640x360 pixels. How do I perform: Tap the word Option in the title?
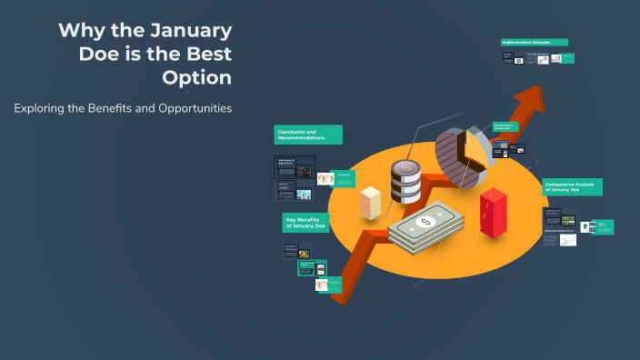click(196, 77)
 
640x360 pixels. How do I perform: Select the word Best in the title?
click(205, 54)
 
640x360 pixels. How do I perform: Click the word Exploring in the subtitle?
click(43, 108)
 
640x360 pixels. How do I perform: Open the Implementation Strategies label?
click(534, 42)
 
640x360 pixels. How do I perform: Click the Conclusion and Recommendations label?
click(308, 135)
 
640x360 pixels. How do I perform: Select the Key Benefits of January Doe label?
click(305, 223)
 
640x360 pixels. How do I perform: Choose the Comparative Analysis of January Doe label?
click(572, 186)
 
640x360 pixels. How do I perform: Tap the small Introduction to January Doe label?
click(505, 126)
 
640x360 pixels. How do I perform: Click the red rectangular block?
click(494, 213)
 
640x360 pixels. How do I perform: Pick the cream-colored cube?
click(370, 202)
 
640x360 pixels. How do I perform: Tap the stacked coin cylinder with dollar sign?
click(405, 181)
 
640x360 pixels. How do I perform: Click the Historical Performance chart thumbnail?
click(560, 238)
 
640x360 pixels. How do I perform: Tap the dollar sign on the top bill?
click(424, 222)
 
